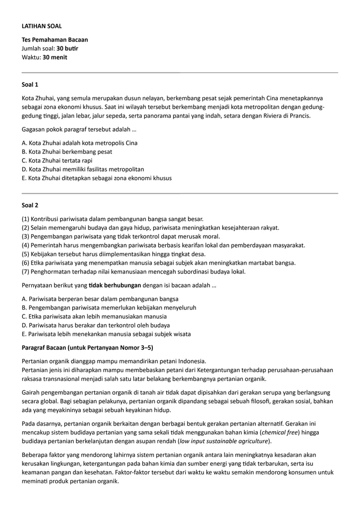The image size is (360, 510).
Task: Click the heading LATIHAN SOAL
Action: pyautogui.click(x=42, y=26)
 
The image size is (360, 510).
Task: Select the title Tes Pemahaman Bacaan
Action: pyautogui.click(x=55, y=39)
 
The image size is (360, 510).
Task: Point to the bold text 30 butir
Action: pyautogui.click(x=67, y=48)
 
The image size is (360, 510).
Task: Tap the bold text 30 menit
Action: pyautogui.click(x=55, y=57)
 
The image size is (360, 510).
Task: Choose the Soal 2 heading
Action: pyautogui.click(x=30, y=205)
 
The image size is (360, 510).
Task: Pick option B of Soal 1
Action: pyautogui.click(x=67, y=152)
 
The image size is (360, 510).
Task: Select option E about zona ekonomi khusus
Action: pyautogui.click(x=97, y=178)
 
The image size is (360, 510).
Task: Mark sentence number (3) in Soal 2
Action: pyautogui.click(x=120, y=236)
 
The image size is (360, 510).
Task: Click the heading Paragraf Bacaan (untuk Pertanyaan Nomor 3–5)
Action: pyautogui.click(x=88, y=348)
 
